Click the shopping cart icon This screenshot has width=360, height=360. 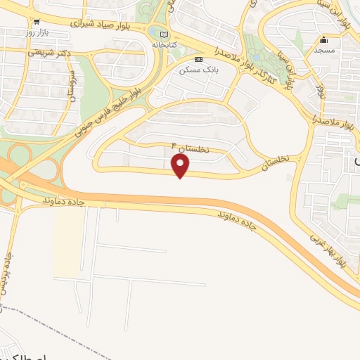(x=37, y=22)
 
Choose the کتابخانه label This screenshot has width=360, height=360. (x=164, y=44)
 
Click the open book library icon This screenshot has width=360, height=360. (x=164, y=34)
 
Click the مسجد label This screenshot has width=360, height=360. (x=324, y=51)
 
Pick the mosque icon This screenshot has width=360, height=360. (x=323, y=39)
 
